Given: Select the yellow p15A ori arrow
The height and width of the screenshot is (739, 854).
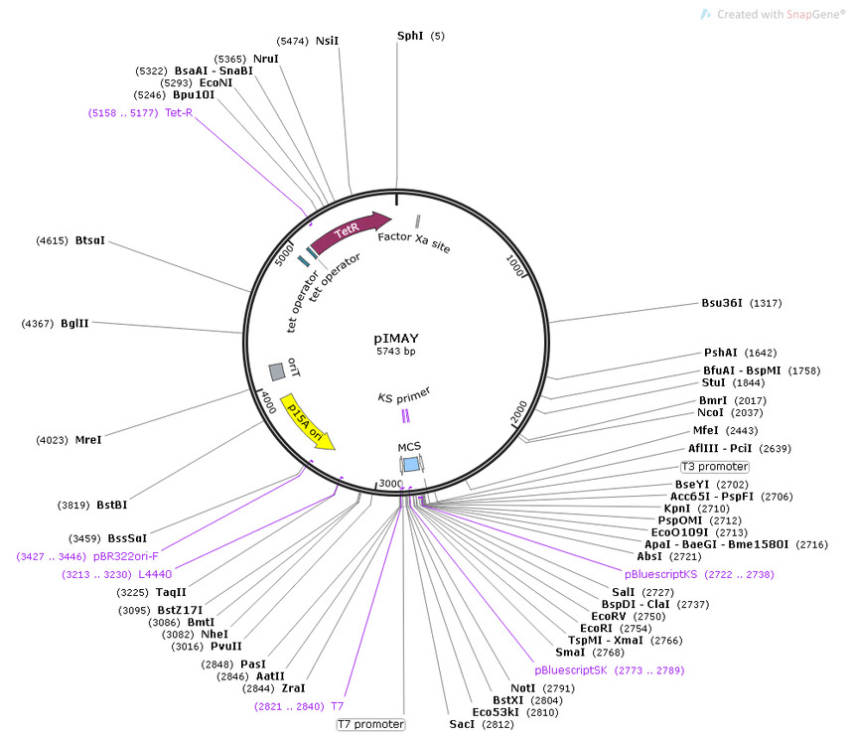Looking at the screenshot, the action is (306, 421).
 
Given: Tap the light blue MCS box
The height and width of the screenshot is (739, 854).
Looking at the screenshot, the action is (411, 465).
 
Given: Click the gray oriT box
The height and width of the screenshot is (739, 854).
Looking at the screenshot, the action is (277, 371).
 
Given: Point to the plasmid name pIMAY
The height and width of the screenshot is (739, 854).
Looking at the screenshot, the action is (396, 338).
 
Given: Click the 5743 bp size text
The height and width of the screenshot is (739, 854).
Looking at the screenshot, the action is (396, 352).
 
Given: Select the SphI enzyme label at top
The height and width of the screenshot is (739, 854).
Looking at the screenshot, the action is (410, 36).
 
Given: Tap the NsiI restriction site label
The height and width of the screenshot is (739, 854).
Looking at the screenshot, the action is (327, 41).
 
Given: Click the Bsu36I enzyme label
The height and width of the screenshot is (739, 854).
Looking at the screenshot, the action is (722, 303).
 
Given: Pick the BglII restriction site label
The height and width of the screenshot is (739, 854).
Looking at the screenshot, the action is (74, 324).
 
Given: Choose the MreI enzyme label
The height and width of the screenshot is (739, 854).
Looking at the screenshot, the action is (88, 439).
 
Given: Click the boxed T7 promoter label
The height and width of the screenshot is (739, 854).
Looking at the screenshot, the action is (371, 724).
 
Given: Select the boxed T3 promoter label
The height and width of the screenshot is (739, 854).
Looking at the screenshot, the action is (715, 467).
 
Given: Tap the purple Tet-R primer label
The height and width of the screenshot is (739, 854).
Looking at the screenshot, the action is (179, 112).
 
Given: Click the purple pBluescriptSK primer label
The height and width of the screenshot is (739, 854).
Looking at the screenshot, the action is (570, 670).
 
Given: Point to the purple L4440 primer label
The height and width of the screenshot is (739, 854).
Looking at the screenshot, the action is (155, 574).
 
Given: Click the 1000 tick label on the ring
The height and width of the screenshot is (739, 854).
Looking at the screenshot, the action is (514, 265).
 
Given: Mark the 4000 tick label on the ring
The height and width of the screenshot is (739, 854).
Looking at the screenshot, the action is (268, 402).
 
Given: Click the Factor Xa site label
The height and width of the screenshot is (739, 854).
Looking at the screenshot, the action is (414, 242).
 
